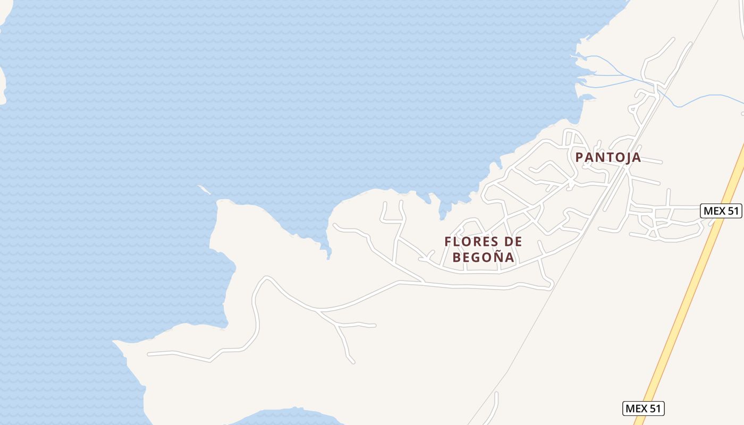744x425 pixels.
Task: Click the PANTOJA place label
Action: (608, 157)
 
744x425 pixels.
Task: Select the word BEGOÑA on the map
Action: (483, 258)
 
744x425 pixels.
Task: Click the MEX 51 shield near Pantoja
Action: (721, 211)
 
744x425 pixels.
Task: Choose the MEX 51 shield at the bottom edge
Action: (643, 409)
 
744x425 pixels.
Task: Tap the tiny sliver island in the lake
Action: (204, 189)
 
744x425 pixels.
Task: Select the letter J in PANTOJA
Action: (627, 158)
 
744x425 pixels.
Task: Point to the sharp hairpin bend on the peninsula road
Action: (264, 278)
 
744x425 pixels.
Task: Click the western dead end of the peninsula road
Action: (149, 354)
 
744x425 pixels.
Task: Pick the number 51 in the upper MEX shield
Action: (732, 211)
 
